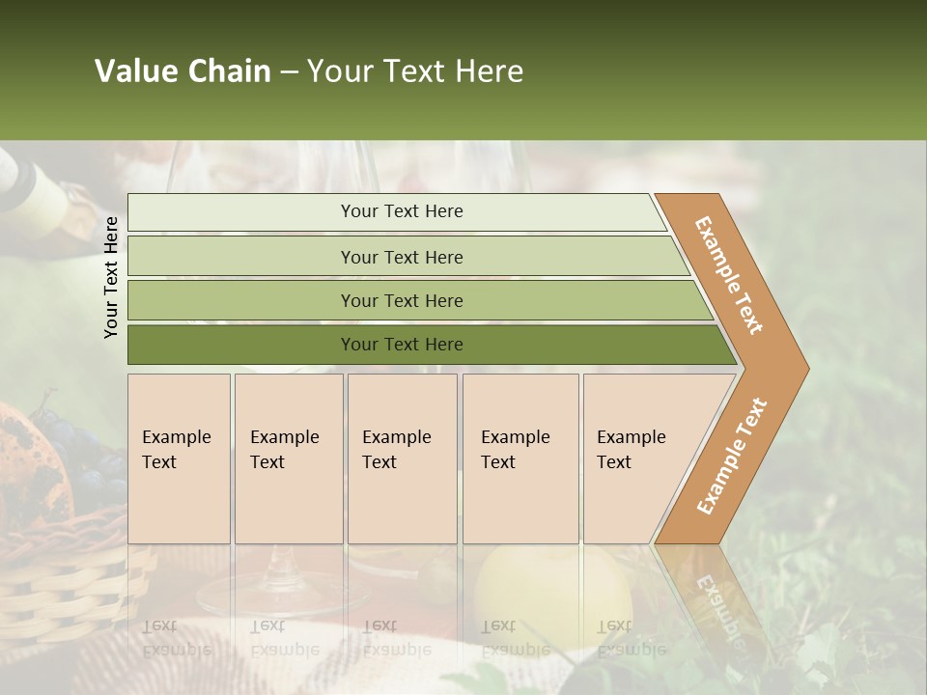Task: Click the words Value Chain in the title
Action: click(x=183, y=71)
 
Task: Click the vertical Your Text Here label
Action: click(x=111, y=277)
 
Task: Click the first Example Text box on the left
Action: click(x=179, y=459)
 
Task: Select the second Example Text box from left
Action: click(x=288, y=459)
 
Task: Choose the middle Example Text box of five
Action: click(x=402, y=459)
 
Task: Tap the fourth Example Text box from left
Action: click(x=520, y=459)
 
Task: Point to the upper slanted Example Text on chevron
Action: click(x=729, y=275)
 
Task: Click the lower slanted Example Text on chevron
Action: click(x=732, y=456)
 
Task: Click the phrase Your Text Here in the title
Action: click(x=415, y=71)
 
